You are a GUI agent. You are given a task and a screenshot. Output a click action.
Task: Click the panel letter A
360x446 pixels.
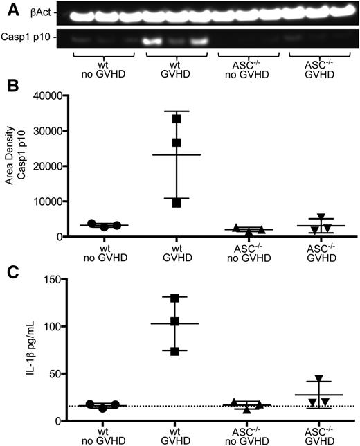(x=6, y=6)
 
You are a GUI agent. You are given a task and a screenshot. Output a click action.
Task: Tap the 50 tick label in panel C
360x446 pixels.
(x=68, y=373)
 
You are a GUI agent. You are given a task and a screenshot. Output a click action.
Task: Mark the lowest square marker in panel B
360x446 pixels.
(x=177, y=203)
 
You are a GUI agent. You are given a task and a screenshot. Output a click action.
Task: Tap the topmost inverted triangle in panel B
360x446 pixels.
(x=300, y=219)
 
